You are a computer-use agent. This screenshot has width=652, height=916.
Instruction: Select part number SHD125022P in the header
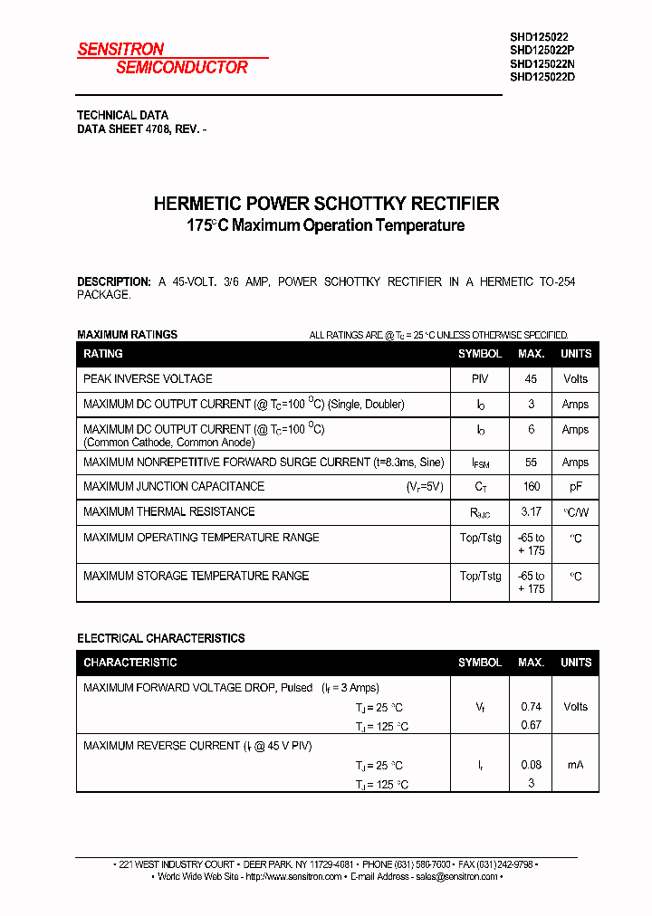542,50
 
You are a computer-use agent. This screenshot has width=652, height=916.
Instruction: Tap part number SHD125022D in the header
542,77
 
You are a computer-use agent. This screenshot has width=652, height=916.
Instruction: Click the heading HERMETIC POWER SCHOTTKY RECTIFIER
326,204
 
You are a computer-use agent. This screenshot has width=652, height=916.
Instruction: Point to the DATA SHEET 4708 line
142,129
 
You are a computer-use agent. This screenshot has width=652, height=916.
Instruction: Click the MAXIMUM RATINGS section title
128,335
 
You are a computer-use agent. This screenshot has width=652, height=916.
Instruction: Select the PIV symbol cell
480,379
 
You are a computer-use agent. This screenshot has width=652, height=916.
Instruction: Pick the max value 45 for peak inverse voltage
531,379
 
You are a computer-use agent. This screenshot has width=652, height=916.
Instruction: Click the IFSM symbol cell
480,463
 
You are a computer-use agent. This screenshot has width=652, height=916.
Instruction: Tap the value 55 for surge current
531,463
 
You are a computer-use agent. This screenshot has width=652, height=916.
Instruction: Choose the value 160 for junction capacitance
531,487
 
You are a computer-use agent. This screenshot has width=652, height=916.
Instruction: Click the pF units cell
575,487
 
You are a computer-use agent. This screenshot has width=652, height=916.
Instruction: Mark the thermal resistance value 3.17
531,512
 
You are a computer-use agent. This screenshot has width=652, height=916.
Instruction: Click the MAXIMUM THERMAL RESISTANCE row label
169,512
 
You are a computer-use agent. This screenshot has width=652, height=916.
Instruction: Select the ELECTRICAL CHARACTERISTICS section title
161,638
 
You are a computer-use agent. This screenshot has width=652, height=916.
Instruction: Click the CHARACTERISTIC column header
130,663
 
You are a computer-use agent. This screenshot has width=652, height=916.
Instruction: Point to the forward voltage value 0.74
531,707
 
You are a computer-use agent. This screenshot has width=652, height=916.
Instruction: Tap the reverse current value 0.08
531,765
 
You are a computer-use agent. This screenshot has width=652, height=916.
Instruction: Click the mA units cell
575,765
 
